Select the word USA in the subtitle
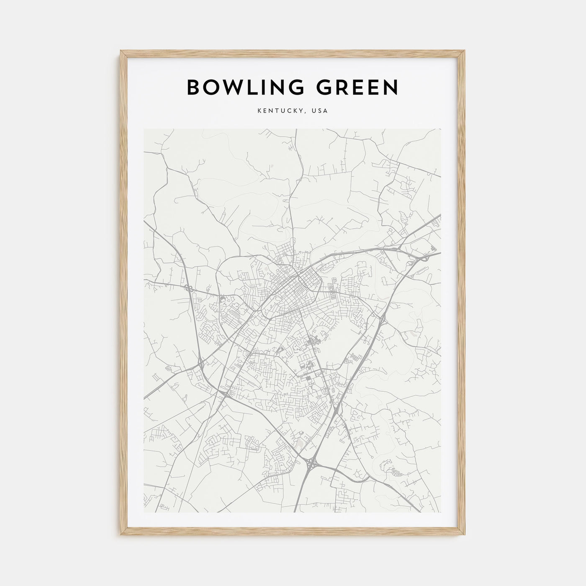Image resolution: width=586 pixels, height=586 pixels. (x=321, y=111)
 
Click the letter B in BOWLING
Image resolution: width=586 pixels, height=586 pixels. (x=194, y=87)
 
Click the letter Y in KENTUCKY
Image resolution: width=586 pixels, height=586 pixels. (x=305, y=111)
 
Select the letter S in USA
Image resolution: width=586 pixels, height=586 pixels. (x=321, y=111)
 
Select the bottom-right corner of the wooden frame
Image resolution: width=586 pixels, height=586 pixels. (x=465, y=537)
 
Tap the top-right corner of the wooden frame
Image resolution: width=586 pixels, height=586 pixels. (x=465, y=51)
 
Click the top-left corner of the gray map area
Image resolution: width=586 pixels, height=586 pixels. (x=144, y=129)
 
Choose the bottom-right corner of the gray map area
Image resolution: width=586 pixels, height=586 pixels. (x=441, y=512)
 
